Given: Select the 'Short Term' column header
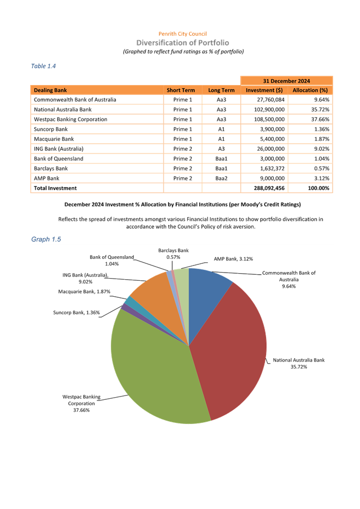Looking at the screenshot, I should tap(181, 90).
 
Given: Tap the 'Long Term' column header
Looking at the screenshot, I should tap(221, 90).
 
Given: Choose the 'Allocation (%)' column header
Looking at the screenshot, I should tap(310, 90).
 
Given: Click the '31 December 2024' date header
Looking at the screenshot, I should tap(286, 81).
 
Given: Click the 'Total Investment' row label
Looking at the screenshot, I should tap(55, 188).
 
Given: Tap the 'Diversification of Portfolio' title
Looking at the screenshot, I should tap(183, 43).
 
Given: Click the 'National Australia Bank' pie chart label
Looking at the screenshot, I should tap(299, 360).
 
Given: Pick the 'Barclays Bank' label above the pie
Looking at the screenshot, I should tap(173, 250).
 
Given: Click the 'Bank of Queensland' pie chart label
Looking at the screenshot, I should tap(112, 257).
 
